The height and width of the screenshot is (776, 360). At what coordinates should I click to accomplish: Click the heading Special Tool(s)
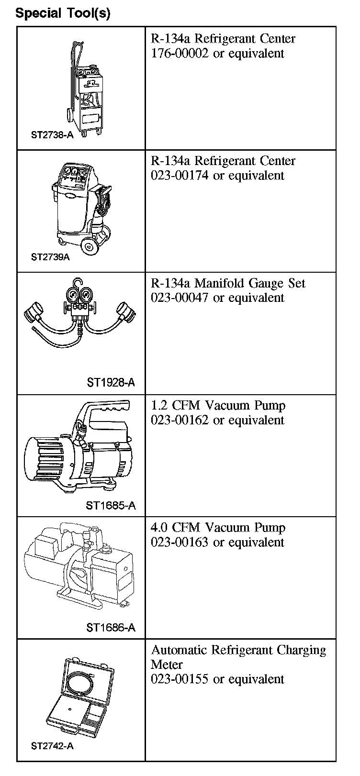coord(63,13)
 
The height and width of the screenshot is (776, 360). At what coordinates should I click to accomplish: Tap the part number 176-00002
coord(180,54)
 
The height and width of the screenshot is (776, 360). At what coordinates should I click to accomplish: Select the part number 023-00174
coord(180,176)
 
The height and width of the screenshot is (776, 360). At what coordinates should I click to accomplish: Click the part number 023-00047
coord(180,298)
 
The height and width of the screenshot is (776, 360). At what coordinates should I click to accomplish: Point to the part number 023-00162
coord(180,420)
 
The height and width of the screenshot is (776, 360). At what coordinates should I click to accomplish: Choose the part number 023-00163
coord(180,542)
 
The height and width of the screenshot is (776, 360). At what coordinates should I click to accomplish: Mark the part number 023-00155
coord(180,679)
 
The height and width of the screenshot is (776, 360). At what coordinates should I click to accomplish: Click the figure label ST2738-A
coord(52,135)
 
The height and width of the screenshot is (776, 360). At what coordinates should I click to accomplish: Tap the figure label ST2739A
coord(50,257)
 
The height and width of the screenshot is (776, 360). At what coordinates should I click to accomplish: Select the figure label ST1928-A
coord(111,382)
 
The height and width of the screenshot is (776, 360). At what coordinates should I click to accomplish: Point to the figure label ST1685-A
coord(111,505)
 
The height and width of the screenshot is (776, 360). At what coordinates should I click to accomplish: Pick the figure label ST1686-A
coord(111,627)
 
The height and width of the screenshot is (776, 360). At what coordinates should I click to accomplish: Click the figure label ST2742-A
coord(52,746)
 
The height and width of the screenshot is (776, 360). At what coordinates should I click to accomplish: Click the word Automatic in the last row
coord(180,650)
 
